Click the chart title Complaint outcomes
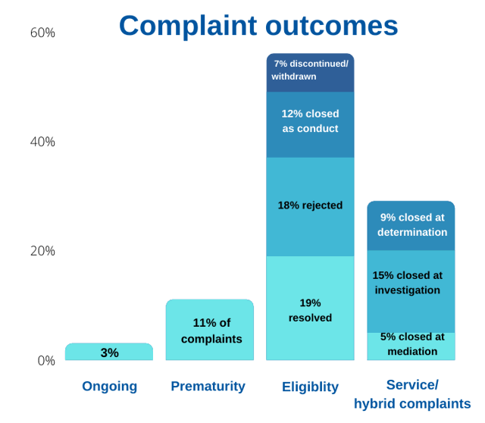[258, 26]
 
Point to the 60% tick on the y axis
[42, 33]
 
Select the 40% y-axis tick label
[42, 142]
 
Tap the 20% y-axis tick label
[42, 251]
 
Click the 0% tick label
[46, 361]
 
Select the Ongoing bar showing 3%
[109, 352]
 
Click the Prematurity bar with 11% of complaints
[210, 331]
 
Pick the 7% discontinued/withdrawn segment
[310, 73]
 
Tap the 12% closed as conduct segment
[310, 124]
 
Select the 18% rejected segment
[310, 206]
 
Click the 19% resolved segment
[310, 309]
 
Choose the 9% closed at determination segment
[411, 225]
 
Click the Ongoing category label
[109, 386]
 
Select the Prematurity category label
[208, 386]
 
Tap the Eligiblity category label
[310, 387]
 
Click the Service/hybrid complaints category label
[412, 394]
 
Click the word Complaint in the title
[188, 26]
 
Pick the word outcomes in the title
[332, 26]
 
